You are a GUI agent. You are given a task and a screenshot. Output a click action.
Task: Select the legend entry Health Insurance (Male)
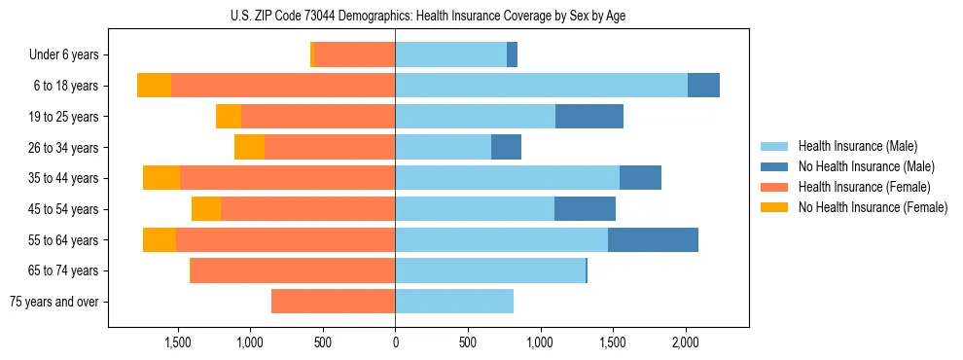[856, 146]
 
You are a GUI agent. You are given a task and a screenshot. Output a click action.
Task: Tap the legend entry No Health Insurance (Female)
[872, 207]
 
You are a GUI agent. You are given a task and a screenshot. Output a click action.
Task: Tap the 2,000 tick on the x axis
[685, 342]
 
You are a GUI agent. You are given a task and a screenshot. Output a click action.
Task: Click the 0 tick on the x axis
[395, 342]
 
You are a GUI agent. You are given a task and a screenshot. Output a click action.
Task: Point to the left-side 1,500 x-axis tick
[177, 342]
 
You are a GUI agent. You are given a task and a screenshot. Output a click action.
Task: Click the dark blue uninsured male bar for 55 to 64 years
[653, 240]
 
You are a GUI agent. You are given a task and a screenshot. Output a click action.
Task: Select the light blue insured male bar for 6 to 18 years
[541, 86]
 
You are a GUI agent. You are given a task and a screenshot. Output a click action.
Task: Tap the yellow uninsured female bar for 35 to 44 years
[161, 178]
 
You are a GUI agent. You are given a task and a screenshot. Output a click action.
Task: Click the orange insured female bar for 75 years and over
[333, 302]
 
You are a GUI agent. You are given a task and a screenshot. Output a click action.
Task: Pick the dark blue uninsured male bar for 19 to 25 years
[589, 117]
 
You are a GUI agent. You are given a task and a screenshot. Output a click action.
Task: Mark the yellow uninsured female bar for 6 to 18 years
[154, 86]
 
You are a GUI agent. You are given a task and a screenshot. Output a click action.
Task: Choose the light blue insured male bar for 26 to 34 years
[443, 148]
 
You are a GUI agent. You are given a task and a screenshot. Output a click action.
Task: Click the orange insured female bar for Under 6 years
[354, 55]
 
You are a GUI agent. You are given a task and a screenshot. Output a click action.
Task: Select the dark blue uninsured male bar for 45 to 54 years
[585, 209]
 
